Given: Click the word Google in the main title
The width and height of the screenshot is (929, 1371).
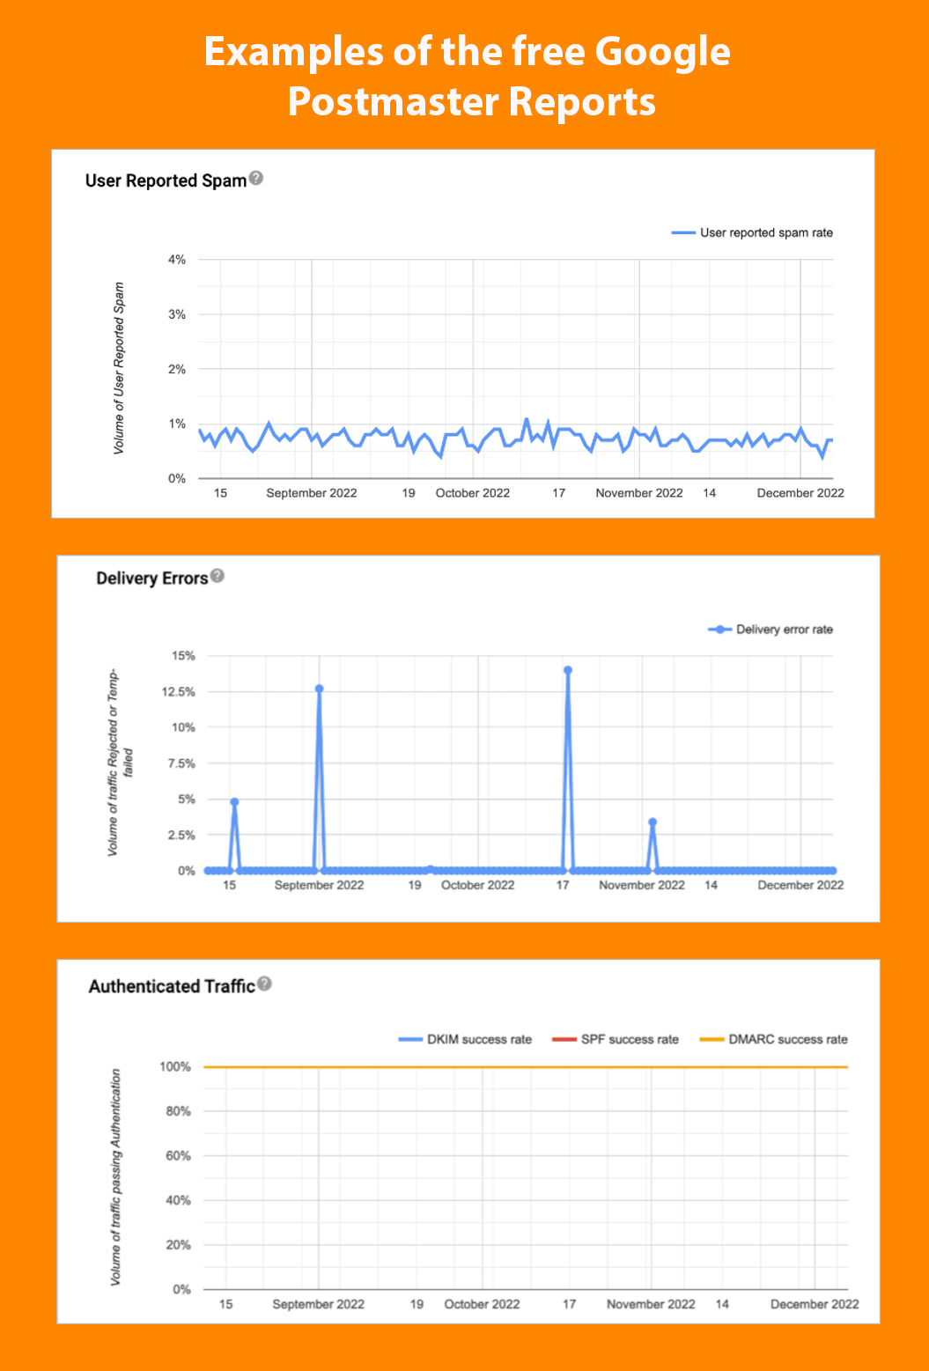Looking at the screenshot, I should (663, 53).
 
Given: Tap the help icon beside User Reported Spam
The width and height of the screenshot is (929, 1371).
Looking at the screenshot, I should (256, 178).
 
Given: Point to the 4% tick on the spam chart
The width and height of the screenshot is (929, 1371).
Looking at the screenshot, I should (177, 260).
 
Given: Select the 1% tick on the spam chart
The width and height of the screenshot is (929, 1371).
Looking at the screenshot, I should (177, 424).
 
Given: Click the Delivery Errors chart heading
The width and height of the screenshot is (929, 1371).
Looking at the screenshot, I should (152, 579).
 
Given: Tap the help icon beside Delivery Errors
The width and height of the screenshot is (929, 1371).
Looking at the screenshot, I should (218, 576).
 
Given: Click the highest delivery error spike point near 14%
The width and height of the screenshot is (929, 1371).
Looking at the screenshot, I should (568, 670).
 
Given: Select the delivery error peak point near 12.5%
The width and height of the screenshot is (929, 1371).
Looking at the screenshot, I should (319, 689).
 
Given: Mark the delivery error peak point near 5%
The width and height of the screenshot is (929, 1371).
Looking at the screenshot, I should (234, 802).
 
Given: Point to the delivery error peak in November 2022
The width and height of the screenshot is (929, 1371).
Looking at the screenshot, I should (653, 822).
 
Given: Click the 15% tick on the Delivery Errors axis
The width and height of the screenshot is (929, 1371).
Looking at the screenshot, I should (183, 656).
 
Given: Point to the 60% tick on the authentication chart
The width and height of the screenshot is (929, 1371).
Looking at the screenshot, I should (178, 1156).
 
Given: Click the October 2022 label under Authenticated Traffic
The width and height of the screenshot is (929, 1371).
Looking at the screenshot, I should (482, 1304).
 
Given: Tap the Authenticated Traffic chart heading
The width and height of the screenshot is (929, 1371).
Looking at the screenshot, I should (172, 987).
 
